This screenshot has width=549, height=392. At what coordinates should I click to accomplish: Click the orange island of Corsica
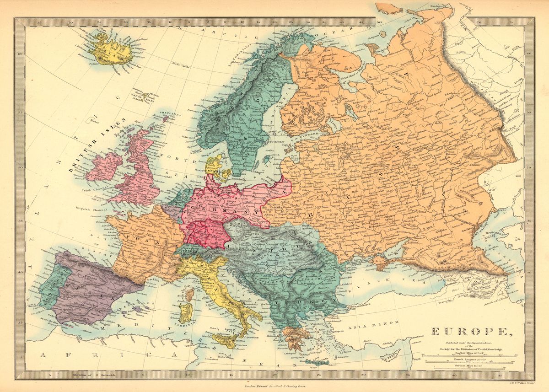[188, 292]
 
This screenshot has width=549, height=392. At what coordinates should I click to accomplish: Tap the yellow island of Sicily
[226, 338]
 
